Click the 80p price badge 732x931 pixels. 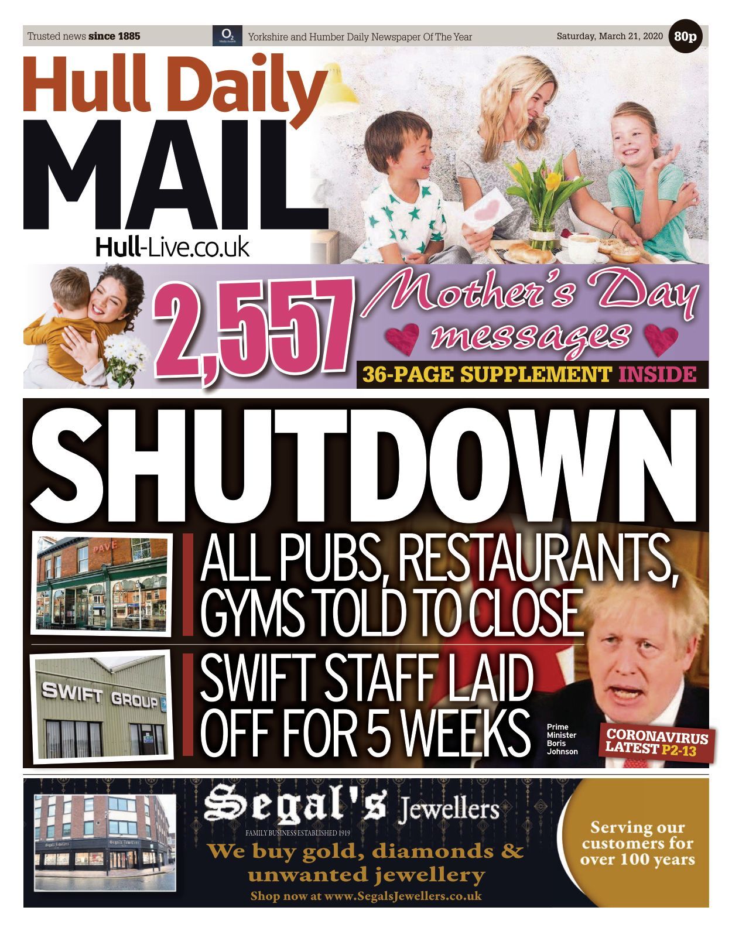pyautogui.click(x=685, y=36)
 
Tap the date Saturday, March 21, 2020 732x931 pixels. pyautogui.click(x=609, y=36)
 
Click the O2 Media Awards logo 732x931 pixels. pyautogui.click(x=223, y=36)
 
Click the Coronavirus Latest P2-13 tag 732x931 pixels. pyautogui.click(x=656, y=742)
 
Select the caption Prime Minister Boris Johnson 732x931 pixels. pyautogui.click(x=562, y=739)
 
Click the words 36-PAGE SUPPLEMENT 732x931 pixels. pyautogui.click(x=486, y=374)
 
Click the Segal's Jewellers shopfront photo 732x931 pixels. pyautogui.click(x=105, y=842)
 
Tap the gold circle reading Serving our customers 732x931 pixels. pyautogui.click(x=637, y=843)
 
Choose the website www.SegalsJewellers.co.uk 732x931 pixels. pyautogui.click(x=366, y=896)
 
